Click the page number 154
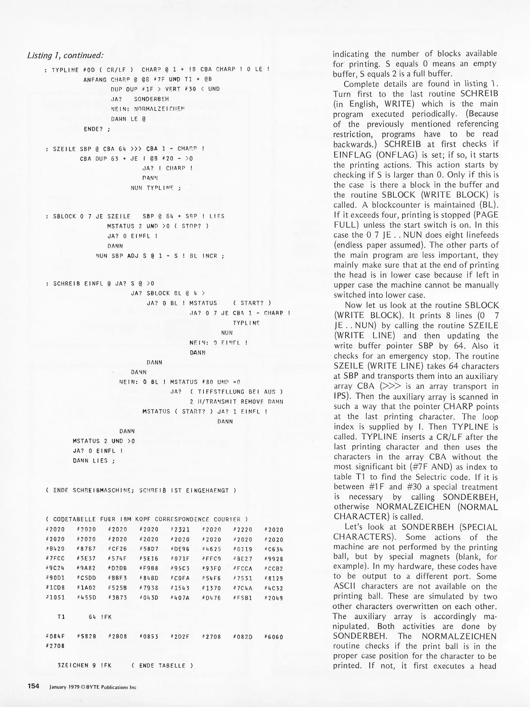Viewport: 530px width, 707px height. pos(34,686)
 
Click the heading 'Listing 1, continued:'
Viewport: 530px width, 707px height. pos(65,55)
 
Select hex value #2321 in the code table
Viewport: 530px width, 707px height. pos(180,530)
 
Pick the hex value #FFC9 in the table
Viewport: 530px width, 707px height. pos(211,559)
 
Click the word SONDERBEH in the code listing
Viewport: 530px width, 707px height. pos(151,99)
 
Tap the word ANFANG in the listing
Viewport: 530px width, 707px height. pos(95,79)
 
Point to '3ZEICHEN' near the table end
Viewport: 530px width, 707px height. pos(73,665)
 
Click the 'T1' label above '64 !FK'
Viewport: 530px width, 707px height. pos(61,617)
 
